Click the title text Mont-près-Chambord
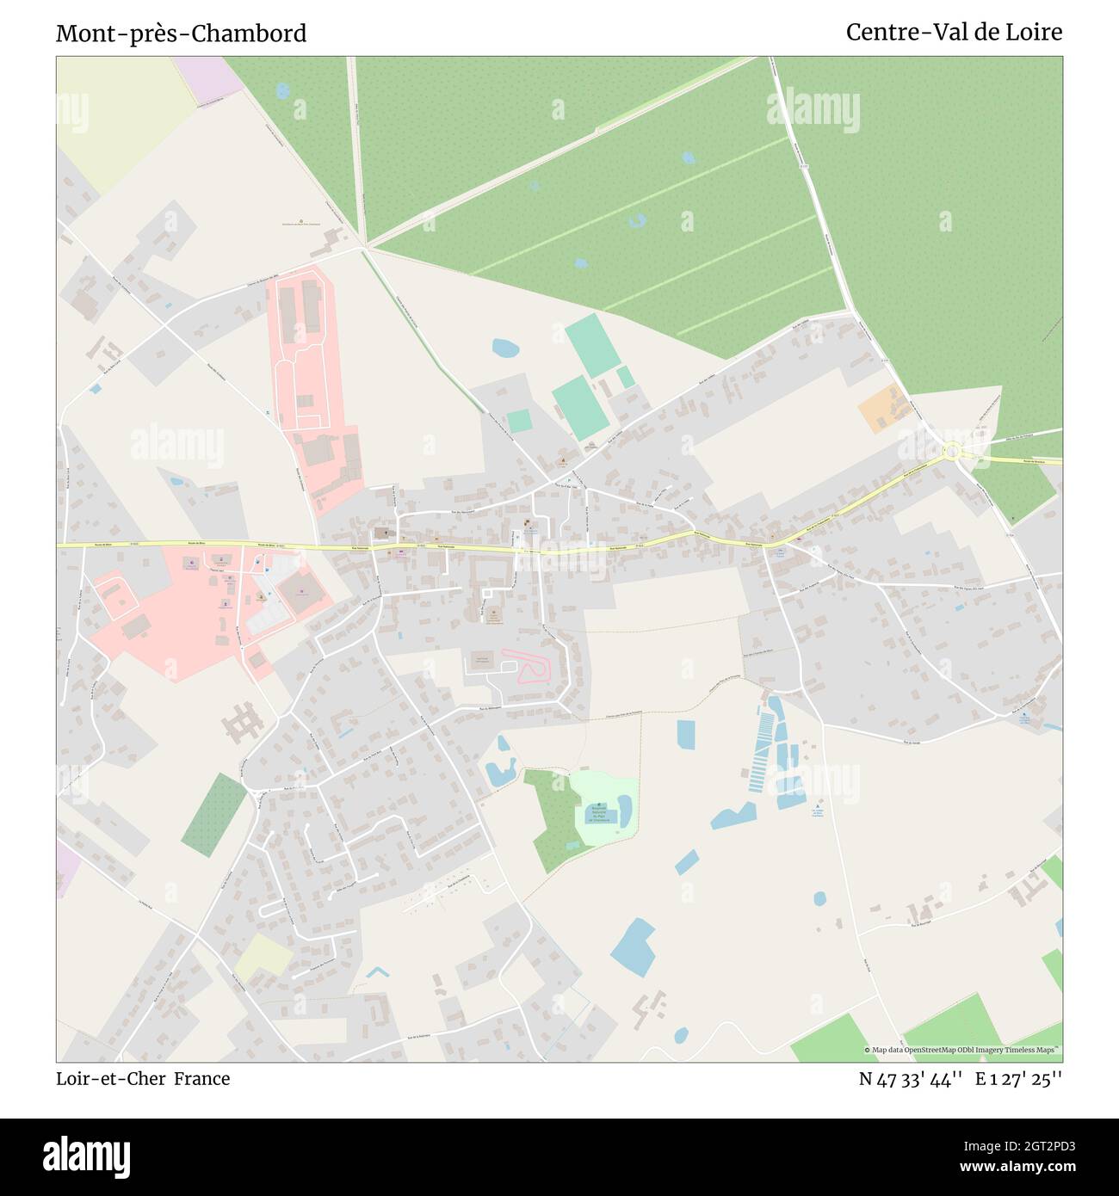(x=181, y=34)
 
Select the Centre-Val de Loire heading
(x=954, y=33)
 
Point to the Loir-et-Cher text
(x=111, y=1079)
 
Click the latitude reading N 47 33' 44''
(x=910, y=1079)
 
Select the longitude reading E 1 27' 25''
(x=1018, y=1079)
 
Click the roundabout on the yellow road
(x=952, y=450)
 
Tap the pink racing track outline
(x=531, y=669)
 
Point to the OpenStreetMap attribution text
(x=962, y=1050)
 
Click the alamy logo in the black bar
(x=86, y=1155)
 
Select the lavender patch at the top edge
(x=209, y=77)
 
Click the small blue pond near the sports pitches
(x=505, y=348)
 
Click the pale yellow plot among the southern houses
(x=263, y=955)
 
